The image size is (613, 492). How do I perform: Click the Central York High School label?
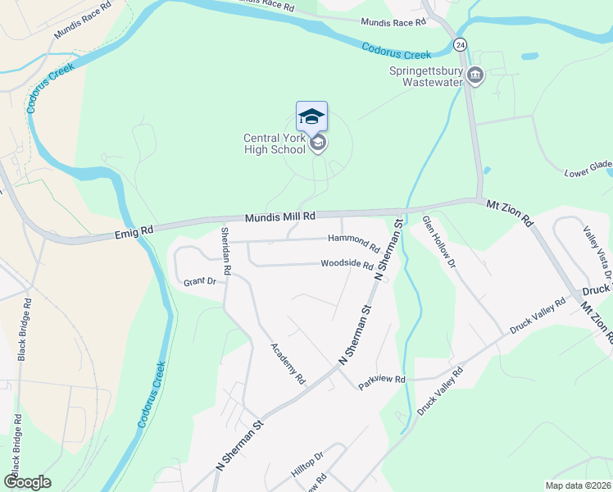[274, 143]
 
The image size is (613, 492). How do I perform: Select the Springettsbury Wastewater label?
[425, 77]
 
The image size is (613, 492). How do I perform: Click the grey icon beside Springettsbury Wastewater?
[475, 77]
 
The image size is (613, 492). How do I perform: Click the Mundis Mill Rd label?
[280, 217]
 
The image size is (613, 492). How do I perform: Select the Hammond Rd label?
[353, 243]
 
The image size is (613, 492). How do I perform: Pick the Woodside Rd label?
[347, 266]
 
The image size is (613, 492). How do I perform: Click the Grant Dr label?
[199, 281]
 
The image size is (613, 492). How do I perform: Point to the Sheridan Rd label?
[226, 250]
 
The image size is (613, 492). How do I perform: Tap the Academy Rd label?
[288, 363]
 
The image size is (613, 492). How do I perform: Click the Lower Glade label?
[588, 169]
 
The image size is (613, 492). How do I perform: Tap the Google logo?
[27, 482]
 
